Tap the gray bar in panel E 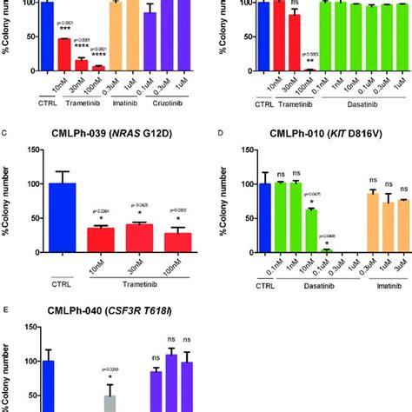[x=110, y=403]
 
